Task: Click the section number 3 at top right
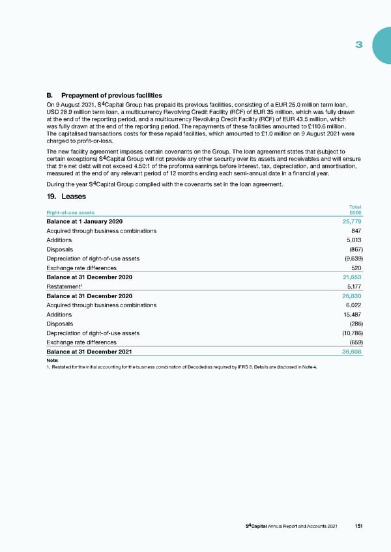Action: (x=358, y=45)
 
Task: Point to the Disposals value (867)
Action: (x=354, y=250)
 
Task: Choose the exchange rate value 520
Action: (x=356, y=268)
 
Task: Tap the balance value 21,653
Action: (x=353, y=277)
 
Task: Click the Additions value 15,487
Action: (x=353, y=314)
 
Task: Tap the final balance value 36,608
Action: (x=353, y=352)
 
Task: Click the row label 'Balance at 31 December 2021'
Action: (x=89, y=352)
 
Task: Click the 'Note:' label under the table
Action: (x=53, y=360)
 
